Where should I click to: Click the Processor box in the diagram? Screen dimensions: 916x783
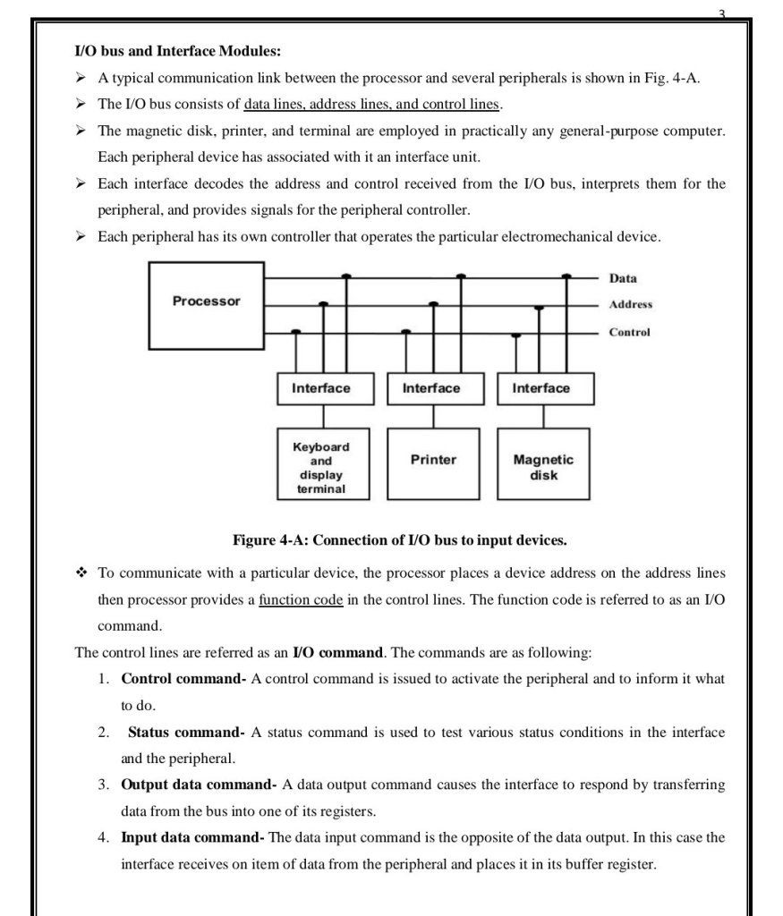pyautogui.click(x=206, y=304)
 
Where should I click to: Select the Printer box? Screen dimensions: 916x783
pyautogui.click(x=433, y=462)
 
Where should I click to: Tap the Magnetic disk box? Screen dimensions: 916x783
pyautogui.click(x=543, y=463)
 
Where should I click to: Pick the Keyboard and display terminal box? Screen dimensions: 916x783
pyautogui.click(x=321, y=463)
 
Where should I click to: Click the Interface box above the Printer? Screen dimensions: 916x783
pyautogui.click(x=431, y=388)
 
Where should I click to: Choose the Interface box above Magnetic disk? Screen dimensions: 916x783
pyautogui.click(x=540, y=388)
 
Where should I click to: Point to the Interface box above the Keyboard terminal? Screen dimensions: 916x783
pyautogui.click(x=321, y=388)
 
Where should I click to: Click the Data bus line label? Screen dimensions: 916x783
pyautogui.click(x=623, y=279)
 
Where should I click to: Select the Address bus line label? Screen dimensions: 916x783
pyautogui.click(x=631, y=305)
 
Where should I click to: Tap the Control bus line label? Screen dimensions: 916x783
pyautogui.click(x=629, y=332)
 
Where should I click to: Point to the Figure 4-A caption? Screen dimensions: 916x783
pyautogui.click(x=399, y=540)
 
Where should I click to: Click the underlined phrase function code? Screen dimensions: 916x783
pyautogui.click(x=301, y=599)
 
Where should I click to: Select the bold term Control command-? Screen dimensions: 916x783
pyautogui.click(x=183, y=679)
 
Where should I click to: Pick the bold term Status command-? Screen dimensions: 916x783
pyautogui.click(x=186, y=733)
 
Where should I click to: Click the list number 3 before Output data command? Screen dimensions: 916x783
pyautogui.click(x=103, y=785)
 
